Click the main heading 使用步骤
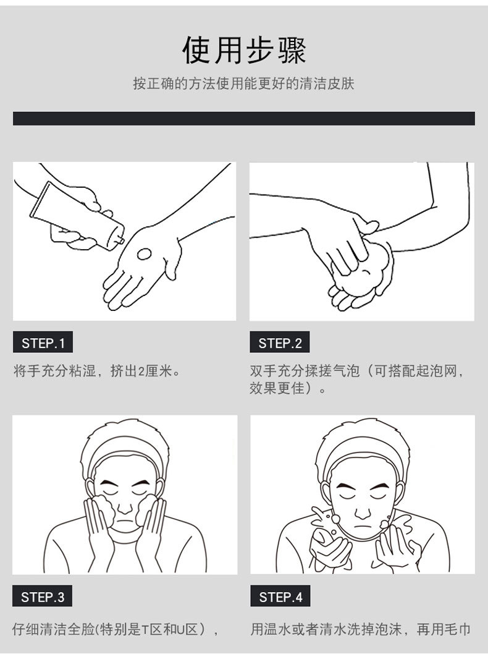tap(244, 51)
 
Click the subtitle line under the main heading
tap(243, 83)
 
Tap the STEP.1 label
tap(43, 343)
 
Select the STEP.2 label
tap(280, 343)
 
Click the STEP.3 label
tap(43, 597)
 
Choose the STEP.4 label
tap(280, 597)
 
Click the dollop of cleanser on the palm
tap(144, 254)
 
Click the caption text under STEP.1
tap(97, 370)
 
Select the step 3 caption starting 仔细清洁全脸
tap(115, 629)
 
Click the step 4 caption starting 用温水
tap(361, 629)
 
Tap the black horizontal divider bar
tap(244, 119)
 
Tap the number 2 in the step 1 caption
tap(141, 371)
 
